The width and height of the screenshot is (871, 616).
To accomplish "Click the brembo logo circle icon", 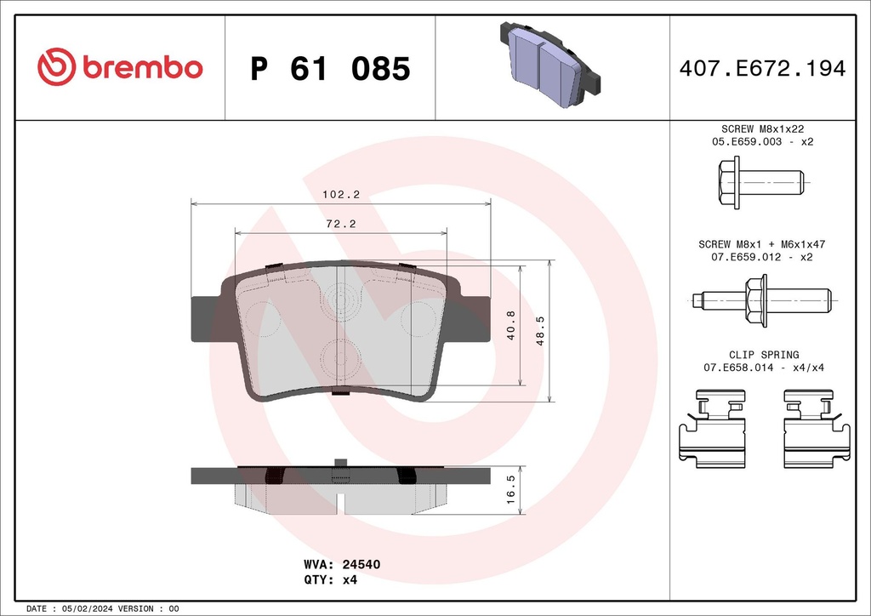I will click(x=57, y=68).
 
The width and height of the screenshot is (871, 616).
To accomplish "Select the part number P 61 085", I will click(x=330, y=69).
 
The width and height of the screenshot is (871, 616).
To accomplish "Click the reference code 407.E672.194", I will click(x=763, y=69).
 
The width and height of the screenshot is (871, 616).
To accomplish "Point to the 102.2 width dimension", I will click(x=340, y=194).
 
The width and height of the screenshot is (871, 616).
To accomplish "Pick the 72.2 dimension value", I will click(x=340, y=224).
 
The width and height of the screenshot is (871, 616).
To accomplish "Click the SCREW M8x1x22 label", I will click(x=763, y=128).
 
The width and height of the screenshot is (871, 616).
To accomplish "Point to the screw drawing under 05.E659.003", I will click(x=760, y=182).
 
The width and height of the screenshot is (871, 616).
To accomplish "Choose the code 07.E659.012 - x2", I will click(x=763, y=257).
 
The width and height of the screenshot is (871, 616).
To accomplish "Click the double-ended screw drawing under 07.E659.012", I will click(x=760, y=299).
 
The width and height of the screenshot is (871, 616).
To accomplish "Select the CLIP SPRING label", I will click(x=763, y=355).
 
